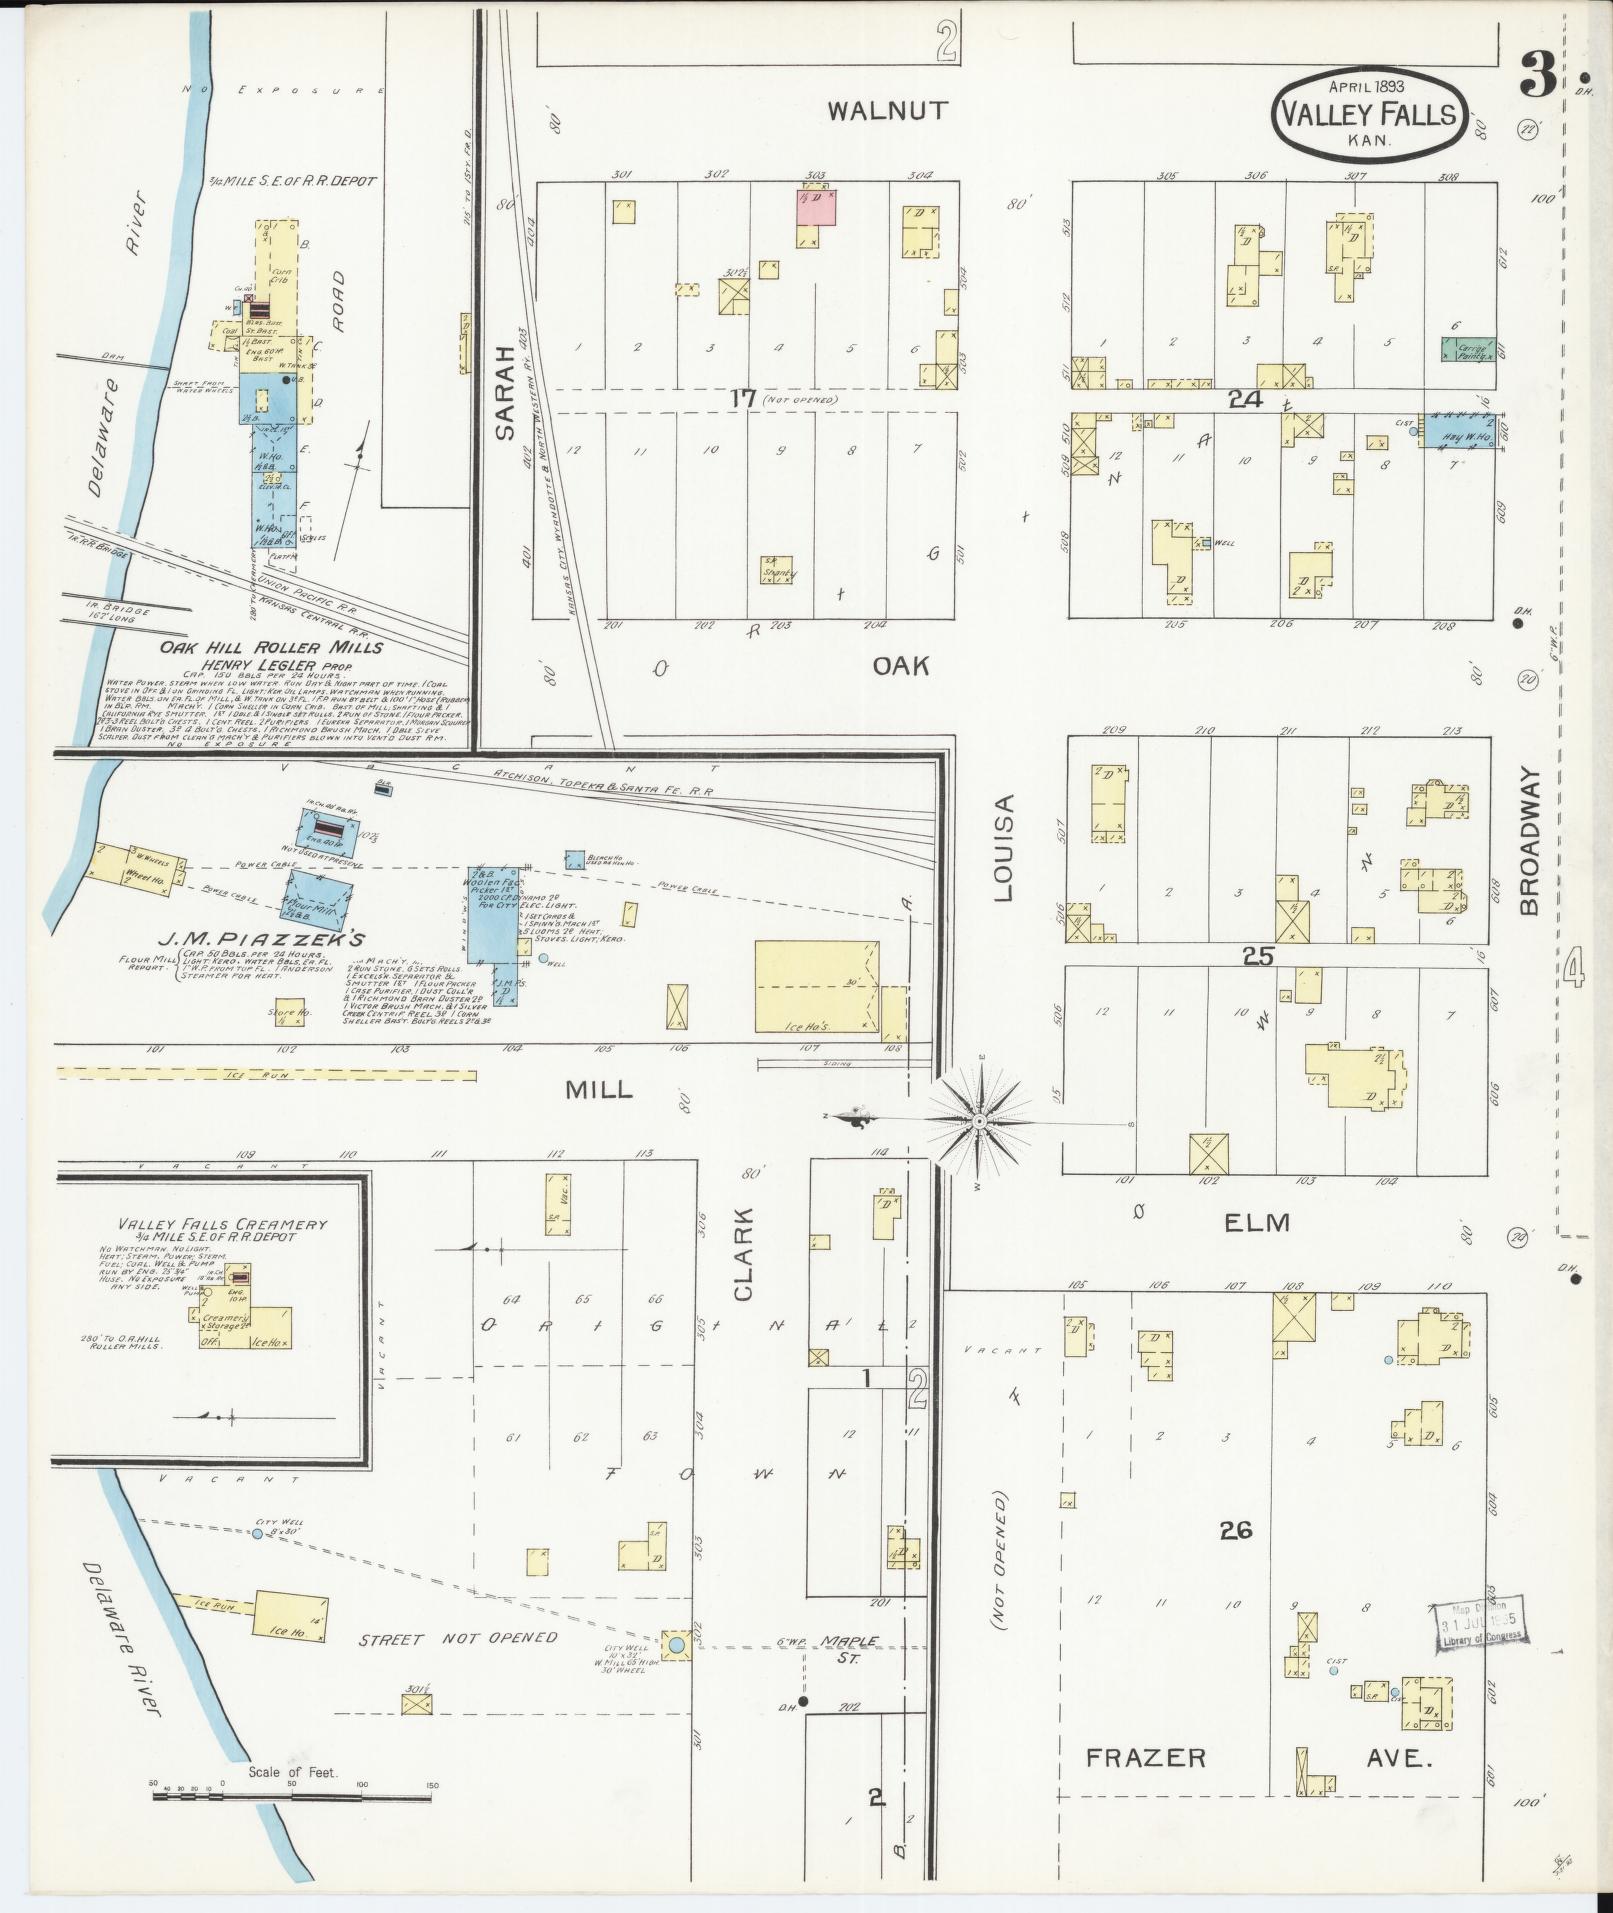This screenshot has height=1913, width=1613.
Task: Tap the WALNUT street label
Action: coord(888,111)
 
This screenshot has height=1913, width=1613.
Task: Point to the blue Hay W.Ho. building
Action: coord(1459,430)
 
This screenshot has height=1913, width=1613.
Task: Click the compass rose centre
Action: coord(980,1123)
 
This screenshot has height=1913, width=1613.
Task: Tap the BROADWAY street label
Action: coord(1530,841)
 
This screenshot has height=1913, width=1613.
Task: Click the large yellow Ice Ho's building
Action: coord(817,986)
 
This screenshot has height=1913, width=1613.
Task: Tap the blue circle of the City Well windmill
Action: coord(676,1643)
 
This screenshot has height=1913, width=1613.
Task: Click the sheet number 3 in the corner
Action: coord(1534,78)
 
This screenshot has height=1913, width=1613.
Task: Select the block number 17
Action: coord(742,398)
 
